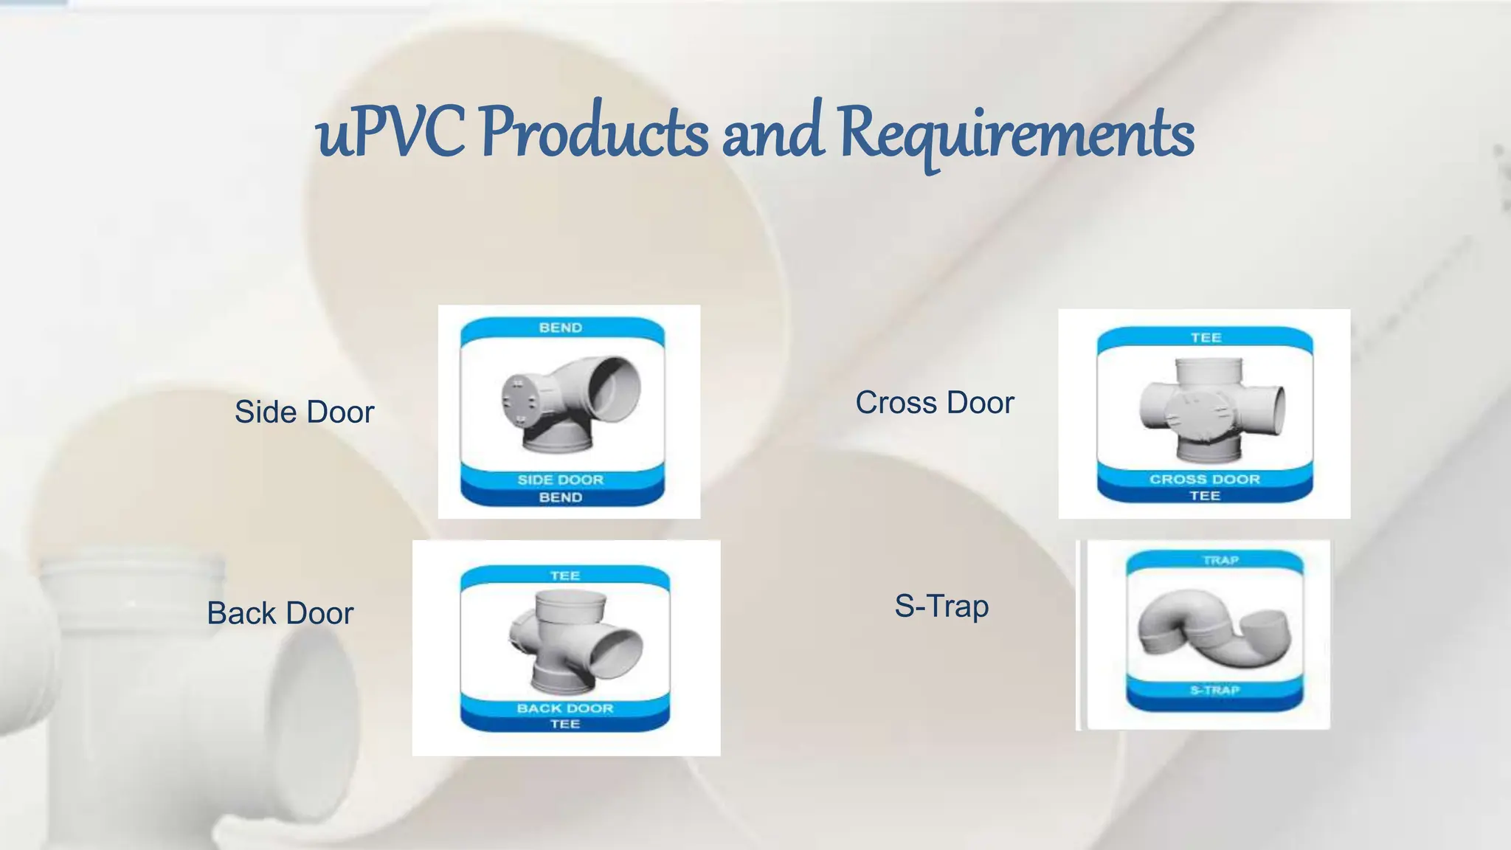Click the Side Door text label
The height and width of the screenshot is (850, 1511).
304,412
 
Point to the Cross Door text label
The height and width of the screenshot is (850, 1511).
935,403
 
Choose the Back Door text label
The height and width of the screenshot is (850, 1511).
280,613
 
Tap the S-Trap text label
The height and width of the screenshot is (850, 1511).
941,606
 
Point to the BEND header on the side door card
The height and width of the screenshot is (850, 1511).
561,328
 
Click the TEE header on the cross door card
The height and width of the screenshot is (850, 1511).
1206,338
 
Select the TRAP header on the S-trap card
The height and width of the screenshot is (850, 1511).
1220,560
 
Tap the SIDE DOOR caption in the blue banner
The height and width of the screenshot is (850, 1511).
561,480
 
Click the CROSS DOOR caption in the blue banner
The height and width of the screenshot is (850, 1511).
1205,479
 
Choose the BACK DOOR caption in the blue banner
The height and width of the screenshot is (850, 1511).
565,708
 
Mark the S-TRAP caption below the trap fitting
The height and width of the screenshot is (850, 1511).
1214,690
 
